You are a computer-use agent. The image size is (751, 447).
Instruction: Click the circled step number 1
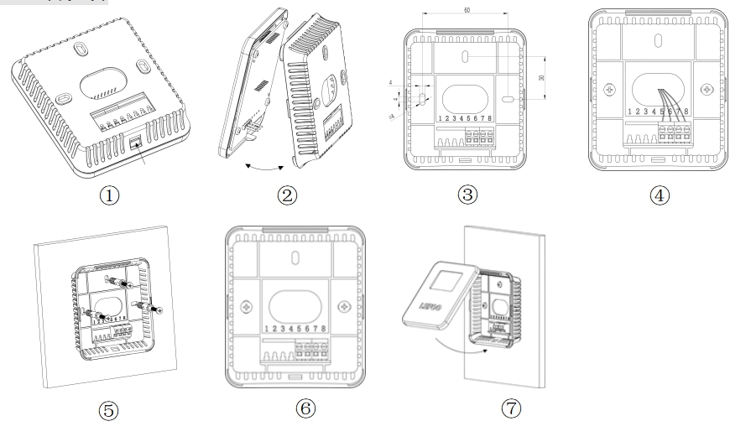[108, 195]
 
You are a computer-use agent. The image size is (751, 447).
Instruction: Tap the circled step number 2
[287, 195]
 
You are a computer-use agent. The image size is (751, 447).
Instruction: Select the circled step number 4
[660, 195]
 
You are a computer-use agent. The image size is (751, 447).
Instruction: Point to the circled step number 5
[108, 410]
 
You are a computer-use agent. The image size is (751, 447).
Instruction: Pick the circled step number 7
[511, 408]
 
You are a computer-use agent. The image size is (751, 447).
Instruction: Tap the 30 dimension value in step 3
[542, 77]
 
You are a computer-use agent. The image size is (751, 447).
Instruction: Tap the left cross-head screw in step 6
[248, 306]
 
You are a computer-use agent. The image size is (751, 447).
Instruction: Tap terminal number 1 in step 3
[441, 119]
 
